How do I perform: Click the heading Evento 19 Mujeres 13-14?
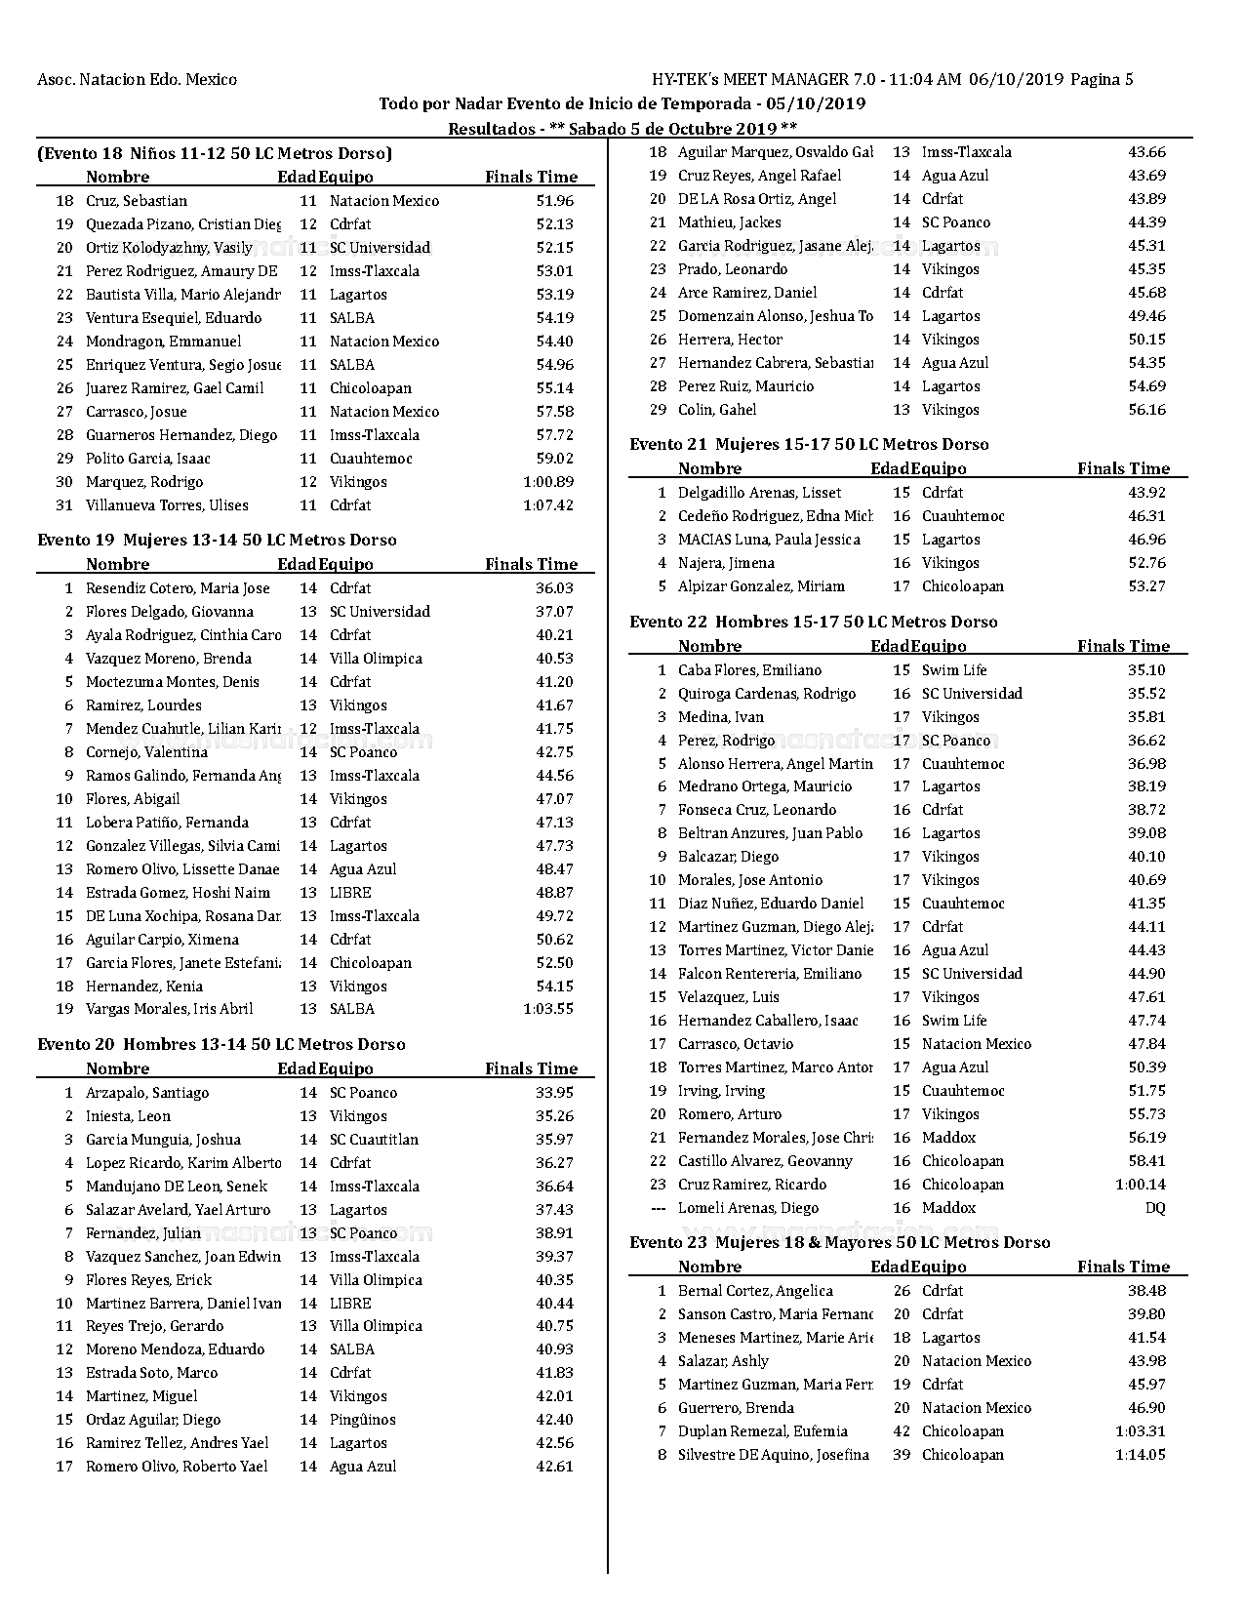pos(217,540)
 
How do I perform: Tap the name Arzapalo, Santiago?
pos(147,1093)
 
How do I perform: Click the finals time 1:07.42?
pos(548,505)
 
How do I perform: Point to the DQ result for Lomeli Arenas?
pos(1155,1208)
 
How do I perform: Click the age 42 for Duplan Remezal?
pos(901,1431)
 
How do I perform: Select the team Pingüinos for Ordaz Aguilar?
pos(363,1420)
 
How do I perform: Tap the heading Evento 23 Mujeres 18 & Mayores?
pos(839,1242)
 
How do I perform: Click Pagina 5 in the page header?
pos(1102,80)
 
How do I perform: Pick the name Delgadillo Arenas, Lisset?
pos(759,493)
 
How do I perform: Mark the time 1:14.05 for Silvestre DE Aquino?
pos(1141,1455)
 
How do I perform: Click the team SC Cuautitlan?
pos(374,1140)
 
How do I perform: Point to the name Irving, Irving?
pos(721,1091)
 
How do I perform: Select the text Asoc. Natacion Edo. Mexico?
pos(137,80)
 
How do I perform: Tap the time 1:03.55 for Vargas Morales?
pos(548,1009)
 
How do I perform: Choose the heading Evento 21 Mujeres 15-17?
pos(809,444)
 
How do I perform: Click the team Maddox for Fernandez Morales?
pos(948,1138)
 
